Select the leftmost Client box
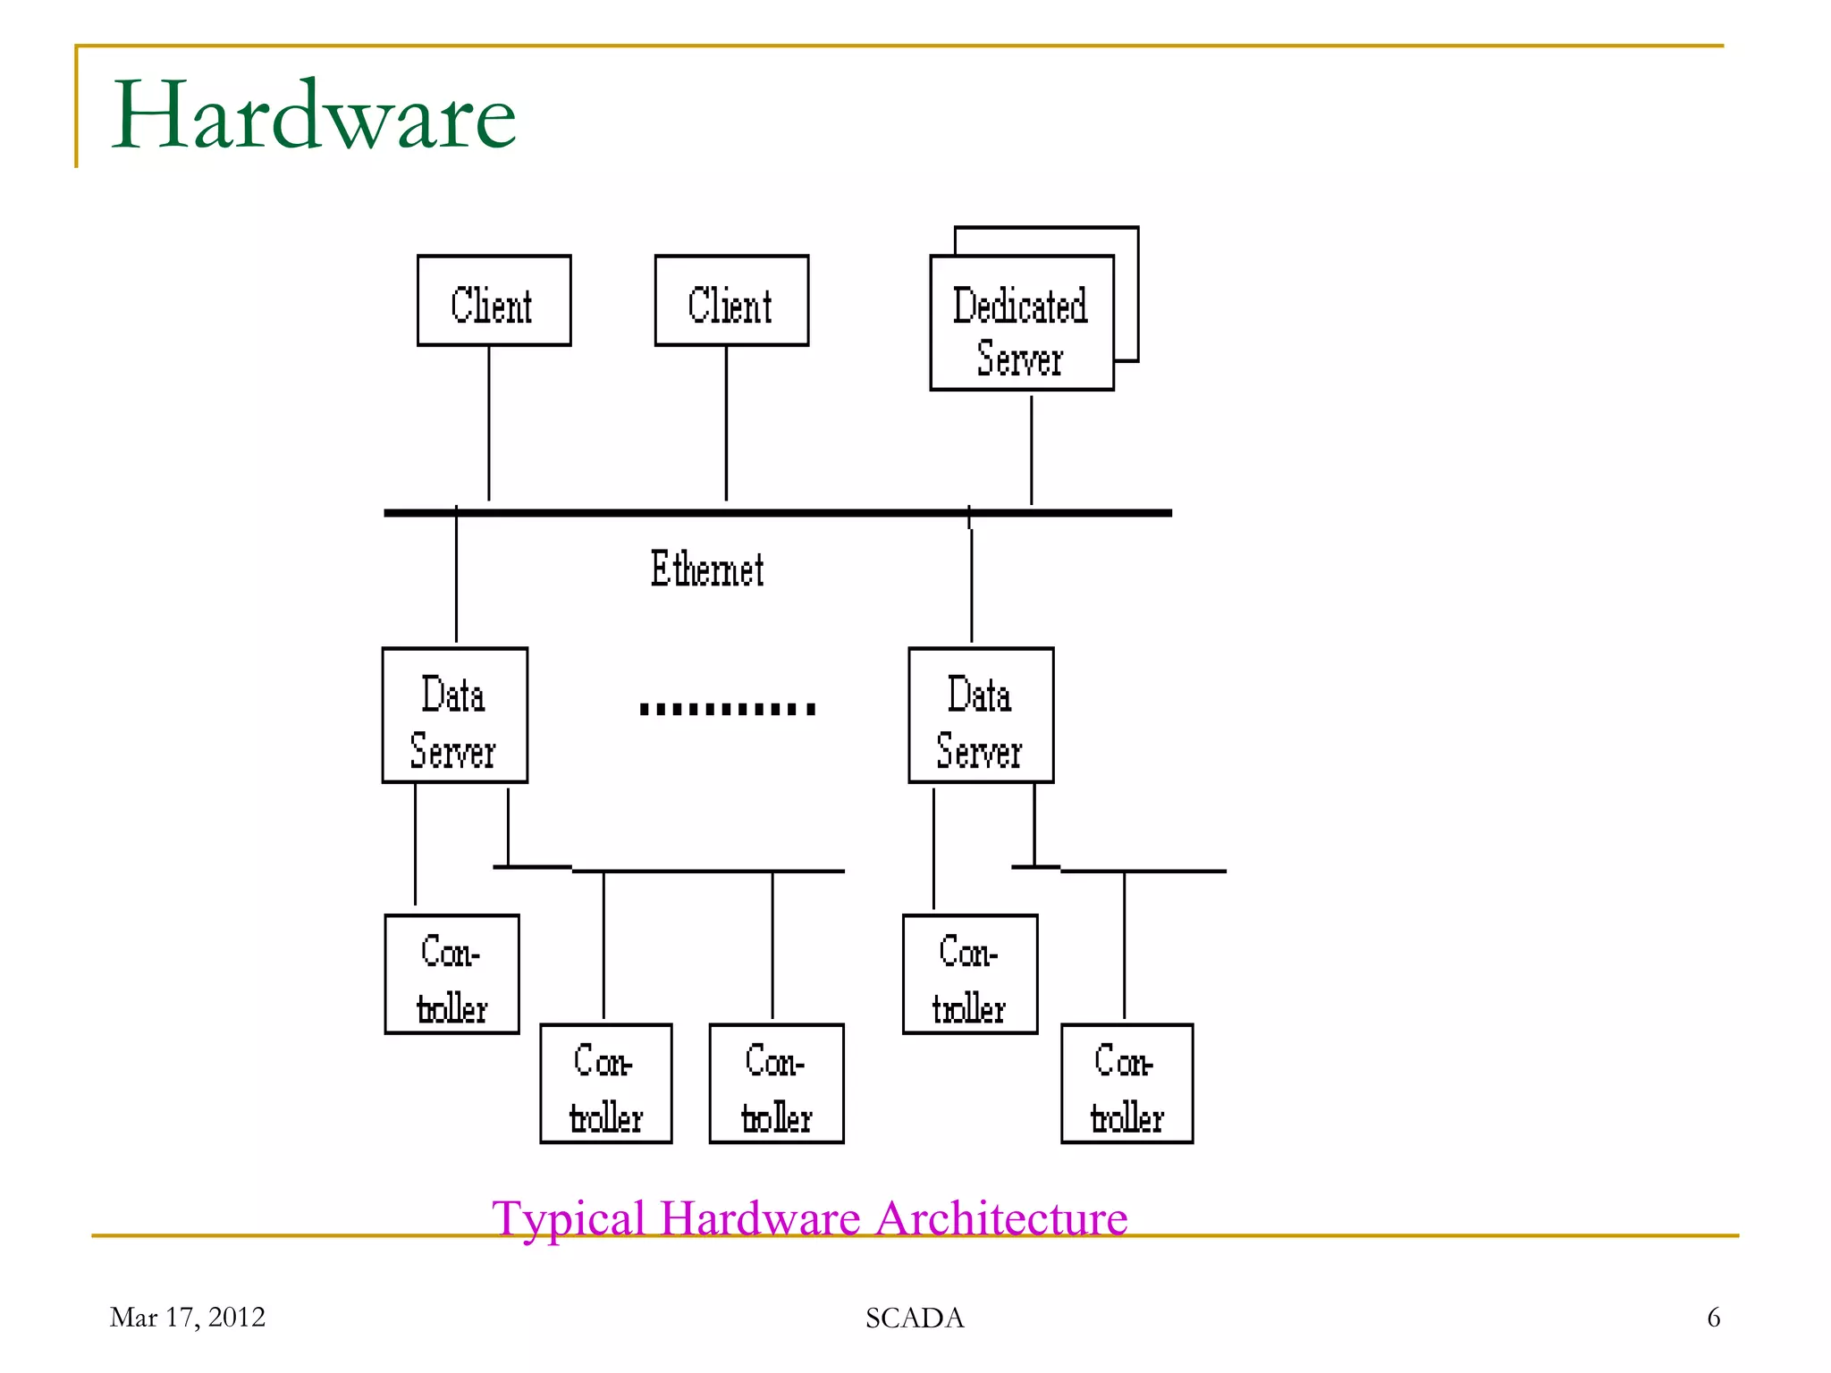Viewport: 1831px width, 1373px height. point(494,301)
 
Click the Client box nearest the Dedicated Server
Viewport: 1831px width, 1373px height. point(731,301)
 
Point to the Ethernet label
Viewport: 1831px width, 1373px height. point(706,569)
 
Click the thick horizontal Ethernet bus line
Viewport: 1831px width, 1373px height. point(778,513)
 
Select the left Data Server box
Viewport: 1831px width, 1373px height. point(454,716)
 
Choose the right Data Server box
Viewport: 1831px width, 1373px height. point(981,716)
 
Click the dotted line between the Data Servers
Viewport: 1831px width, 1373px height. point(728,710)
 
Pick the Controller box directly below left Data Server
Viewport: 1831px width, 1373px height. point(451,974)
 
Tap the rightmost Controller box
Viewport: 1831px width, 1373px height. point(1126,1083)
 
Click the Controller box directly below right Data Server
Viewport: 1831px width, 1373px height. point(970,974)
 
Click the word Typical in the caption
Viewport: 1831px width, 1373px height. point(569,1219)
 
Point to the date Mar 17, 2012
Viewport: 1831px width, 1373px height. point(187,1318)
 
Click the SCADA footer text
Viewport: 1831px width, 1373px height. point(915,1318)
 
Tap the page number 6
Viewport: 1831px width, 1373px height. point(1713,1318)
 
